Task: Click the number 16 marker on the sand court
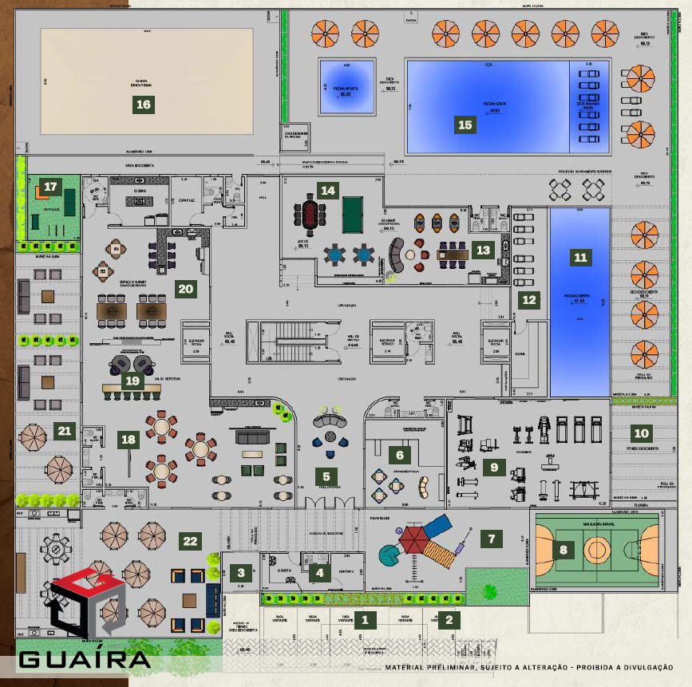point(144,105)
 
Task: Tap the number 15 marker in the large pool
point(465,124)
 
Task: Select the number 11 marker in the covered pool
point(580,257)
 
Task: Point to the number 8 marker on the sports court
point(564,549)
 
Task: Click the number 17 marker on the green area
point(50,187)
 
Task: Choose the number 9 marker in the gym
point(494,468)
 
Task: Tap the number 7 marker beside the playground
point(491,539)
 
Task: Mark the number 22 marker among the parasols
point(190,541)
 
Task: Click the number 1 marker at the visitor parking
point(365,618)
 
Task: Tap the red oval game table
point(308,214)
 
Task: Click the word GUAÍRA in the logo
point(84,660)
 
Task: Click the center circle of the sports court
point(595,549)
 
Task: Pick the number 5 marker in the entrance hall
point(326,476)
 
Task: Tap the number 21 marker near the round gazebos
point(64,432)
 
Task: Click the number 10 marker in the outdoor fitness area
point(641,434)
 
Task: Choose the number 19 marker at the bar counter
point(132,381)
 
